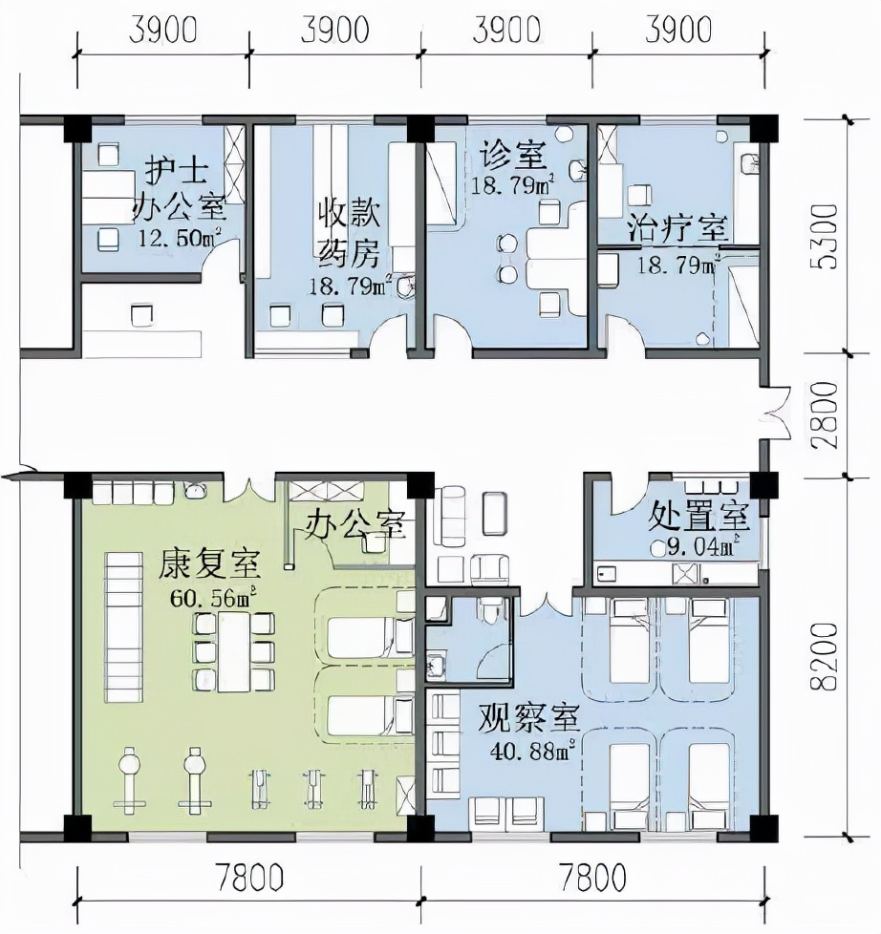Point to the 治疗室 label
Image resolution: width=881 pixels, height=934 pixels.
[677, 229]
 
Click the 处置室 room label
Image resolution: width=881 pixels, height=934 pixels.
[698, 517]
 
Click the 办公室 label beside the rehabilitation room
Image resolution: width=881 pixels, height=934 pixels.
[355, 523]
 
